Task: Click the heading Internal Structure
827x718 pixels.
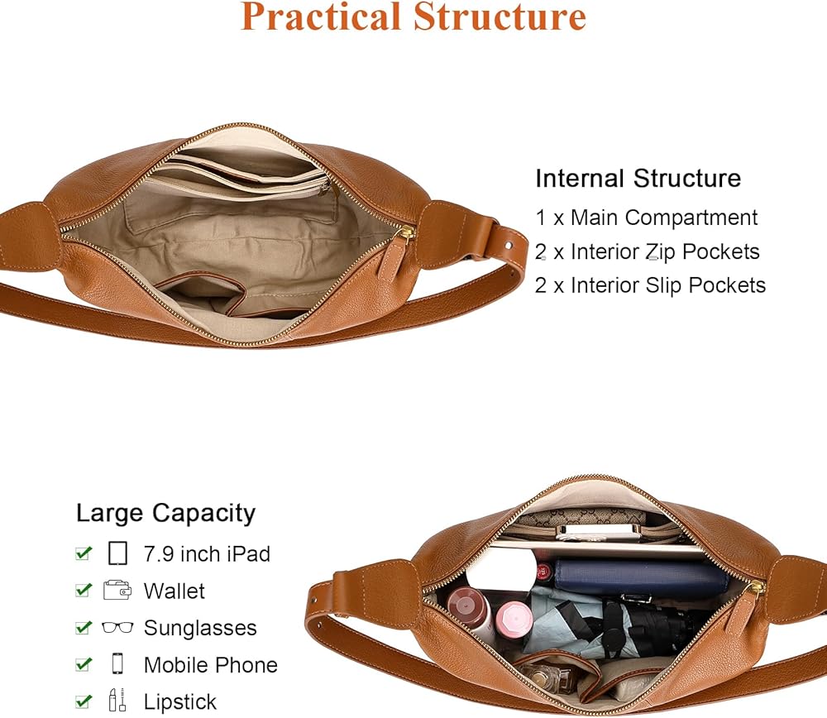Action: pyautogui.click(x=638, y=178)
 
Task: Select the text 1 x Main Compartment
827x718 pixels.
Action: pyautogui.click(x=646, y=218)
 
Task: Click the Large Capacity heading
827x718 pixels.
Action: pyautogui.click(x=165, y=513)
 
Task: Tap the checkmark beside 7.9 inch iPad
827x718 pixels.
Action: pyautogui.click(x=83, y=553)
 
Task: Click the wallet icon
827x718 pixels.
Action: pyautogui.click(x=117, y=591)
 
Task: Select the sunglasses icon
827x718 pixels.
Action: pyautogui.click(x=117, y=628)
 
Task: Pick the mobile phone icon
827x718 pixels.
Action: pyautogui.click(x=117, y=664)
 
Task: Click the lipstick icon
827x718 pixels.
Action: pyautogui.click(x=117, y=701)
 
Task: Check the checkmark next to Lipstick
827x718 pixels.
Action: pyautogui.click(x=83, y=701)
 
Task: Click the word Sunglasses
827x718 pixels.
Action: pyautogui.click(x=200, y=628)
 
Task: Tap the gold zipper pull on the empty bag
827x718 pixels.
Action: pyautogui.click(x=404, y=236)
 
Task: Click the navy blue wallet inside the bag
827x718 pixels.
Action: pyautogui.click(x=637, y=577)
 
